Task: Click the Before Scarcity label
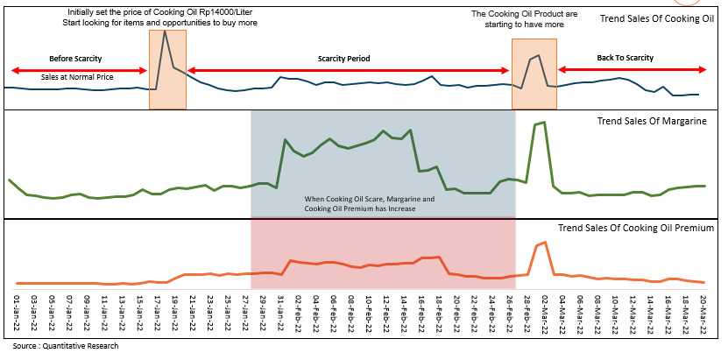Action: click(x=74, y=58)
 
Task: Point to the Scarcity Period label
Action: click(x=343, y=59)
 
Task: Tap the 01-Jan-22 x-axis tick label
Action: click(x=17, y=313)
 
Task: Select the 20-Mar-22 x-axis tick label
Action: click(x=703, y=313)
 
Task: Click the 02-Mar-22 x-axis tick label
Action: click(x=545, y=313)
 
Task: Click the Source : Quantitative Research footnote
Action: click(x=60, y=346)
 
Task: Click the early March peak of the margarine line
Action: click(x=544, y=123)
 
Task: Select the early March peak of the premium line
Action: click(x=545, y=242)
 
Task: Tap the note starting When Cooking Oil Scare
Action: click(x=369, y=204)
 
